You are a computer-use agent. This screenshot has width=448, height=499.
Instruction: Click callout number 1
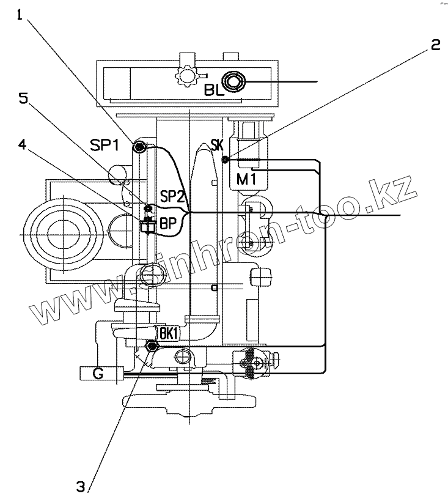[20, 15]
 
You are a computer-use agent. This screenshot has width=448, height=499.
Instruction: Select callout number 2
[435, 45]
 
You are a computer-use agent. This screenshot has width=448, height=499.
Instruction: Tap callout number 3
[81, 487]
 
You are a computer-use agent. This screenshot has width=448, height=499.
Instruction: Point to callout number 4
[22, 144]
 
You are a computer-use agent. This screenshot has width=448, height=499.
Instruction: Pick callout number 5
[23, 98]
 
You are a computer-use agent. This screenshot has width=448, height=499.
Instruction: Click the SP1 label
[105, 145]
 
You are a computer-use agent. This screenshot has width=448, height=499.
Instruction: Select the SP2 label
[172, 196]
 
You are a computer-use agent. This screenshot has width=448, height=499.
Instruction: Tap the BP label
[167, 223]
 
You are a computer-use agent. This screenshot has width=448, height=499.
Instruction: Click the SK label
[217, 146]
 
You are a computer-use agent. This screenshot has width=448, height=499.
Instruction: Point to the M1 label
[246, 179]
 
